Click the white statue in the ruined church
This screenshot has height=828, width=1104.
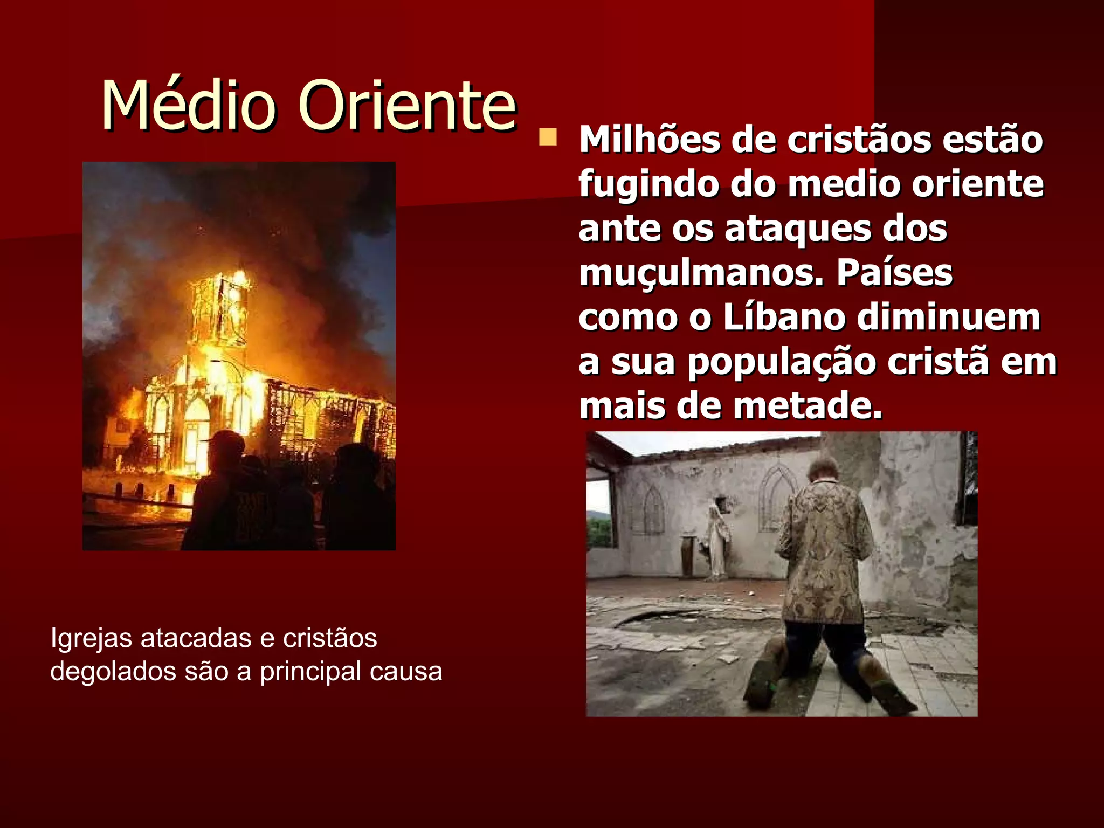tap(717, 539)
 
